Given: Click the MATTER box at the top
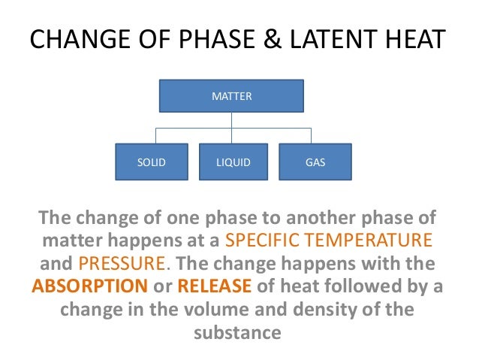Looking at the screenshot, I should coord(231,97).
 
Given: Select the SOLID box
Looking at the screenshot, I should coord(150,162).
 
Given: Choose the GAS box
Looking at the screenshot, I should coord(315,162).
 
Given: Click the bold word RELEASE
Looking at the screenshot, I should coord(215,287).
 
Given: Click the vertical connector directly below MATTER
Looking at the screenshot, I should coord(232,119).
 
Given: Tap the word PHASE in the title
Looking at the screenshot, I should coord(197,41).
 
